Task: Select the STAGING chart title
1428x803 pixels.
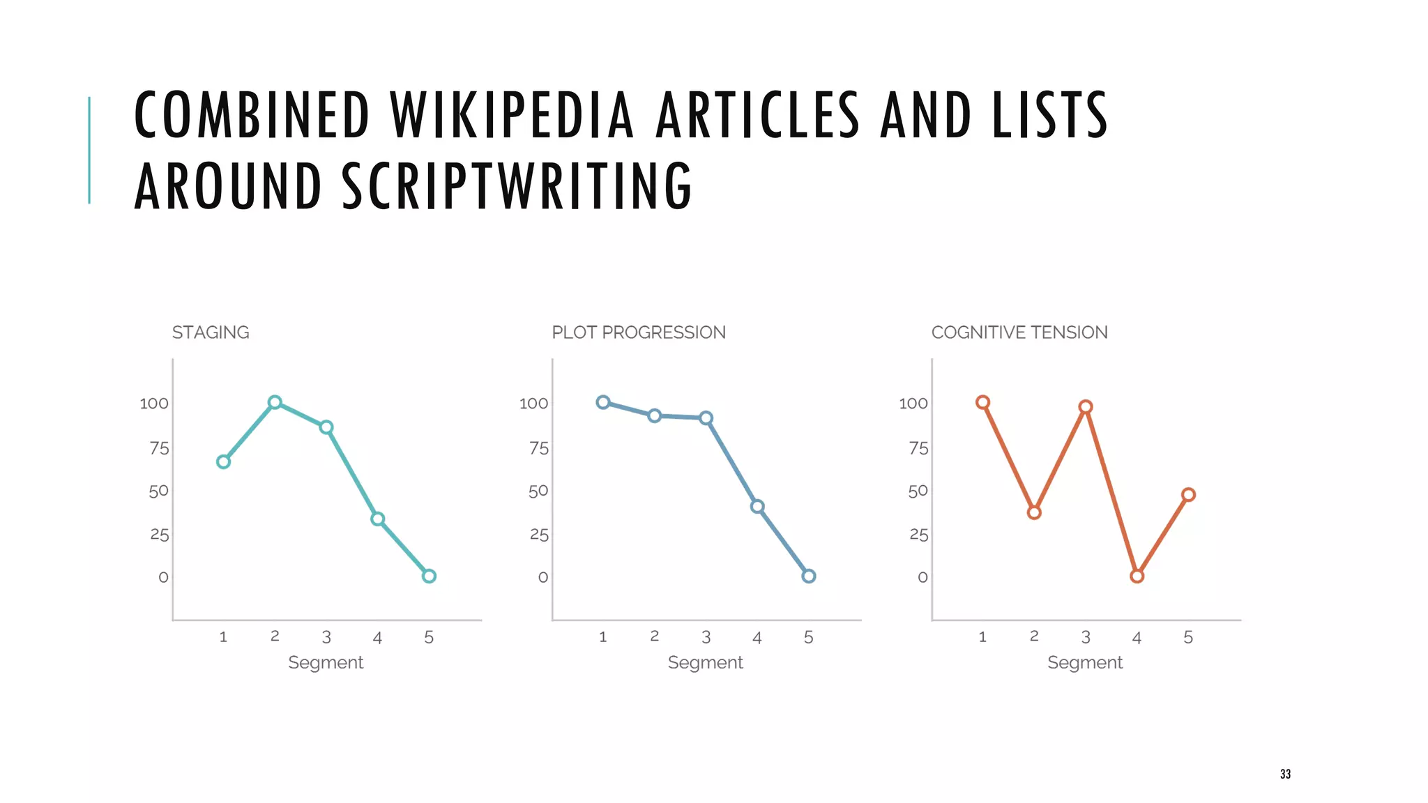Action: click(211, 332)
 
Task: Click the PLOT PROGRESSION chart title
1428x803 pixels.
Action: click(639, 332)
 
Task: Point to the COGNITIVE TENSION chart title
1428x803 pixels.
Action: click(1019, 332)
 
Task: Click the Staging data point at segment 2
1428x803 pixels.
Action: click(275, 402)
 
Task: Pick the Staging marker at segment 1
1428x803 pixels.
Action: click(223, 461)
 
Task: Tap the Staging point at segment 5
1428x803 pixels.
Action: click(429, 576)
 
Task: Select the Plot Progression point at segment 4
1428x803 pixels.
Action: click(757, 507)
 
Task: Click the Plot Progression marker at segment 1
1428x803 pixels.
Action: click(603, 402)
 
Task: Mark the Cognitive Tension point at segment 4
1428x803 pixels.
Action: click(1137, 576)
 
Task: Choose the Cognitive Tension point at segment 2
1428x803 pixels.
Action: click(1034, 512)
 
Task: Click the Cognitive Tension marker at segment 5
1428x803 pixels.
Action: click(1188, 495)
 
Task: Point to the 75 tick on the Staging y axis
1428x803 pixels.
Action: click(160, 448)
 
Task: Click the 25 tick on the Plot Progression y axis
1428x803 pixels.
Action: click(539, 535)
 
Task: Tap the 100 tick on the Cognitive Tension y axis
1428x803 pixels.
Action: click(913, 404)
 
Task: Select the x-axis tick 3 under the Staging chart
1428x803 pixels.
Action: click(326, 637)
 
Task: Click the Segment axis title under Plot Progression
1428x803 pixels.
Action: click(705, 662)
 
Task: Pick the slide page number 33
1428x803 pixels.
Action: click(1285, 774)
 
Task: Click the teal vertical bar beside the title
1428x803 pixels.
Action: click(89, 150)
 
